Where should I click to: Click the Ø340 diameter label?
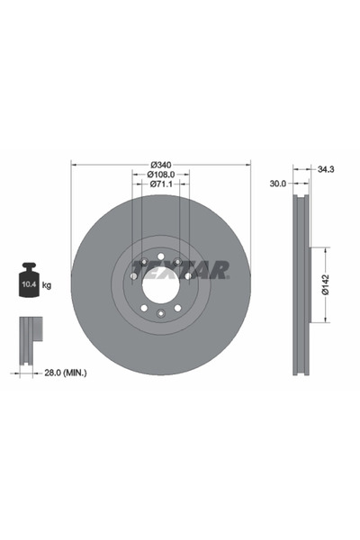click(x=160, y=164)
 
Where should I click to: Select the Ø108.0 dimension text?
click(x=161, y=174)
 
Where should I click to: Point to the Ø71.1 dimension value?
click(x=161, y=184)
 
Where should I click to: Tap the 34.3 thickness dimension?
click(x=326, y=167)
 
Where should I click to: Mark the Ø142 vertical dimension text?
click(x=328, y=284)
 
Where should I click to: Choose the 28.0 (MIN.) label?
click(x=60, y=370)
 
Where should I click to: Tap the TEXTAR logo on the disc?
click(x=180, y=269)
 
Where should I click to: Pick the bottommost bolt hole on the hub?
click(x=160, y=313)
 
